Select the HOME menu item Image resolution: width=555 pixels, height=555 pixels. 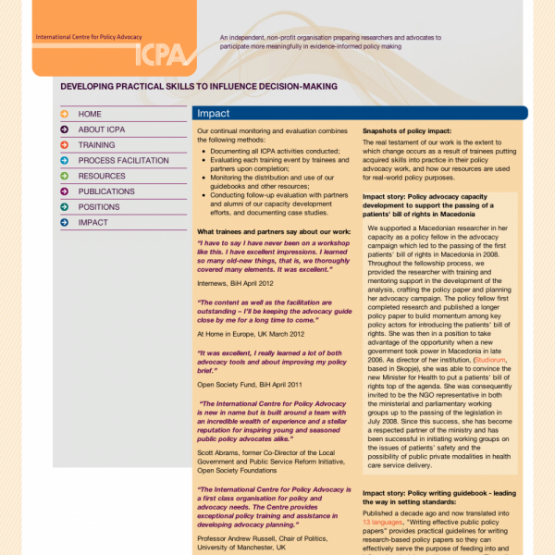coord(90,114)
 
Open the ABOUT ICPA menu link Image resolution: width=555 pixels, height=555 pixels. coord(105,129)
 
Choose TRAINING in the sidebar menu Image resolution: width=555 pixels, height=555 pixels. coord(96,145)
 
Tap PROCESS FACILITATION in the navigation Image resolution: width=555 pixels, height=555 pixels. coord(123,160)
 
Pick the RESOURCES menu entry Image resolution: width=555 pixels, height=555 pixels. coord(102,176)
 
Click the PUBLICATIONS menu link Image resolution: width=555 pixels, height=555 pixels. coord(106,191)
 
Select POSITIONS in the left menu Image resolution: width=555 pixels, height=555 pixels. coord(99,207)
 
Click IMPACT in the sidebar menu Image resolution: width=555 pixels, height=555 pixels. coord(92,222)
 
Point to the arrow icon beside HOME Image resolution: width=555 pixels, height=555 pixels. coord(64,114)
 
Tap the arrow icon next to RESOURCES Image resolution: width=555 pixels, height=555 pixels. coord(64,176)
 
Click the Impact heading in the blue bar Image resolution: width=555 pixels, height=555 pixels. coord(214,114)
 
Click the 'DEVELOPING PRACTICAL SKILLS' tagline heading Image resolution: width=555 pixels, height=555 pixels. coord(198,86)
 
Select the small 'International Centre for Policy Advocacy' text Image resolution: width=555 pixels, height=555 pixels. coord(88,37)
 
